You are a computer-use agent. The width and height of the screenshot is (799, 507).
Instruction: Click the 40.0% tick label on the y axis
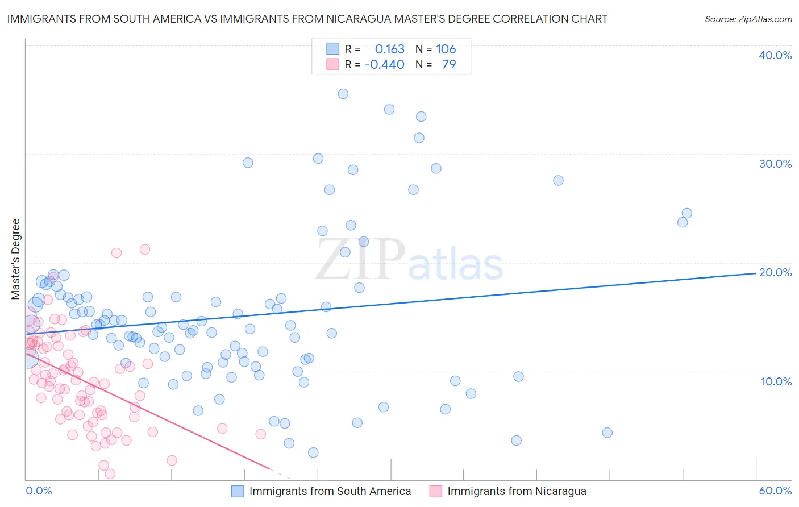[775, 55]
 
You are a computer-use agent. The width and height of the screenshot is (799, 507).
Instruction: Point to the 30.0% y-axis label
[775, 164]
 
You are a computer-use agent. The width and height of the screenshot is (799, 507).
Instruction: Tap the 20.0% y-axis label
[775, 272]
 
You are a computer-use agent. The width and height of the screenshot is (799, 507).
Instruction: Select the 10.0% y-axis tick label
[776, 381]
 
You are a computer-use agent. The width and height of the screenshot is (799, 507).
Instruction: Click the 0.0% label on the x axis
[39, 491]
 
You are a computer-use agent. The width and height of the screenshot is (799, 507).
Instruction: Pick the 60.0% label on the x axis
[775, 491]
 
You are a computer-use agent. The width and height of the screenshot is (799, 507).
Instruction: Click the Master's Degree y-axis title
[15, 259]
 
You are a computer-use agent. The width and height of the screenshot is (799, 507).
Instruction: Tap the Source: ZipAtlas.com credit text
[748, 19]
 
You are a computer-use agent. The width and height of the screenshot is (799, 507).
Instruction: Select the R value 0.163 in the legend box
[389, 49]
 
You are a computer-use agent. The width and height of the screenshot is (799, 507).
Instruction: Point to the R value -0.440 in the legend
[385, 65]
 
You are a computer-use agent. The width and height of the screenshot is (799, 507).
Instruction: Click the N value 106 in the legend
[446, 49]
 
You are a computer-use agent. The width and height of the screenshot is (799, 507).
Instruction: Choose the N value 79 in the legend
[448, 65]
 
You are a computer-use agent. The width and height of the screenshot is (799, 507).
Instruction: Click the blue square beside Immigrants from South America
[238, 491]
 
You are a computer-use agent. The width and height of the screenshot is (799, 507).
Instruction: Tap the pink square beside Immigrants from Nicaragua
[435, 491]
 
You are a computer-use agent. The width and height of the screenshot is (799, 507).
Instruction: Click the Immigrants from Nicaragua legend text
[517, 491]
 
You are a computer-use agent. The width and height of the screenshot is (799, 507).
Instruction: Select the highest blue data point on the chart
[343, 94]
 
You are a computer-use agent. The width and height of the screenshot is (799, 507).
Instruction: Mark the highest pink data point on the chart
[144, 249]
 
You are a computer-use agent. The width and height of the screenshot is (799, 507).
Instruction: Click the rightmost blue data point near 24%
[686, 213]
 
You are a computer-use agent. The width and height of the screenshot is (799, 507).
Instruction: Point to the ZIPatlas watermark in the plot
[409, 260]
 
